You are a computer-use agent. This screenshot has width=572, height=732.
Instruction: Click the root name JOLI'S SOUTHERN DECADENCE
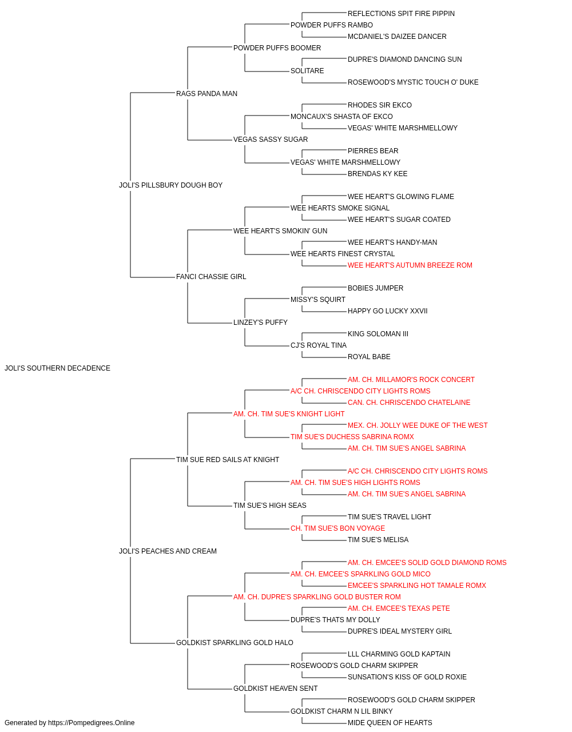point(57,368)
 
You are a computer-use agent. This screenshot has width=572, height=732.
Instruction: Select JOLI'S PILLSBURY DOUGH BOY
point(170,185)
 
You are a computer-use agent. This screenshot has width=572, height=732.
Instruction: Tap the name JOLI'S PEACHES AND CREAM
point(168,551)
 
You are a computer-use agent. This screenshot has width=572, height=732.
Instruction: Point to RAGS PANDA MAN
point(206,94)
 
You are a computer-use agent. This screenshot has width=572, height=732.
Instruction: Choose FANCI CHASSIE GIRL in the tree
point(211,277)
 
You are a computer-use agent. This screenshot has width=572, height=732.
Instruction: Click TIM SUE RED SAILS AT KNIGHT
point(228,460)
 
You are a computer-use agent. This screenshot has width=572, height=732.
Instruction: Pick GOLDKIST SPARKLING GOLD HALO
point(235,643)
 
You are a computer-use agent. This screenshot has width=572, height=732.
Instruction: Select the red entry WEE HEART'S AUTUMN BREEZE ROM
point(410,265)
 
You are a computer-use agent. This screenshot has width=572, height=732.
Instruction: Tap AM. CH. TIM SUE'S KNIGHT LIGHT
point(289,414)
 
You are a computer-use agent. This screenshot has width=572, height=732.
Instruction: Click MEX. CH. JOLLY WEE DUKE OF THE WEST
point(418,425)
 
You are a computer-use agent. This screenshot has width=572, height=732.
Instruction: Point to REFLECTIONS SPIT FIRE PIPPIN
point(401,14)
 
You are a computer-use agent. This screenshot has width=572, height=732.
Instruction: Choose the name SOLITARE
point(307,71)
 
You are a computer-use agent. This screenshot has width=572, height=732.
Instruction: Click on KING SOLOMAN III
point(378,334)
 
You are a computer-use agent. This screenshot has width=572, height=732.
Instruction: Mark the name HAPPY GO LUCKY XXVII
point(387,311)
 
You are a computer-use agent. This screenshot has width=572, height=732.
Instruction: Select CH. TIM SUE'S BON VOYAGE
point(337,528)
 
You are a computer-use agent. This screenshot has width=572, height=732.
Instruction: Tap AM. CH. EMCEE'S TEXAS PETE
point(399,608)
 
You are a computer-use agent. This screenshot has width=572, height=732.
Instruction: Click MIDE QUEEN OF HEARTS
point(390,723)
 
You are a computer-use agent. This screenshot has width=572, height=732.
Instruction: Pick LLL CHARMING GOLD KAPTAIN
point(399,654)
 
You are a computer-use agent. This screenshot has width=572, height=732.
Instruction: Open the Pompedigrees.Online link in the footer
point(91,723)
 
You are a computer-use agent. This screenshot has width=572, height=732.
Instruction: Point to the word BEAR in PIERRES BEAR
point(389,151)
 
